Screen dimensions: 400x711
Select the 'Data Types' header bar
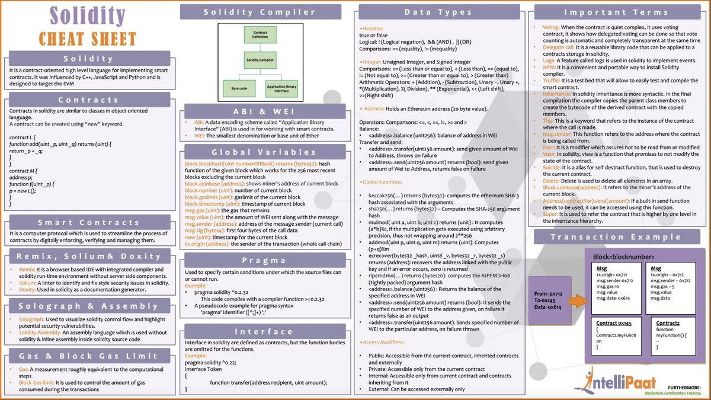pyautogui.click(x=443, y=12)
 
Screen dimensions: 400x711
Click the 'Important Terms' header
pyautogui.click(x=619, y=12)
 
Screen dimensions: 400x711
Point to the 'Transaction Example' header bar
pyautogui.click(x=619, y=238)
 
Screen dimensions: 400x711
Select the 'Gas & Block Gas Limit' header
pyautogui.click(x=87, y=356)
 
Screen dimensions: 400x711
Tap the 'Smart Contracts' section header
pyautogui.click(x=87, y=222)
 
